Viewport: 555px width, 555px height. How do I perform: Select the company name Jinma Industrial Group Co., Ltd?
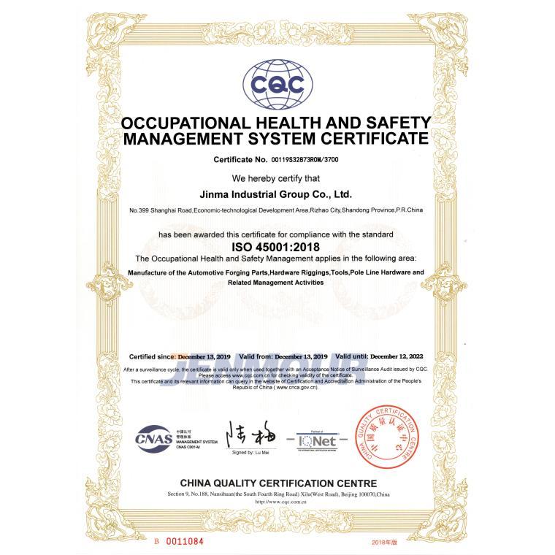tap(276, 195)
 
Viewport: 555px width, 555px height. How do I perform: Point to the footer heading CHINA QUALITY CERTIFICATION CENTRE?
tap(278, 483)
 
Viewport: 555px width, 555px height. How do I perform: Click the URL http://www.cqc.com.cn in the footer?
tap(278, 502)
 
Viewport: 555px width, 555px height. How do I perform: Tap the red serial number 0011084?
tap(183, 541)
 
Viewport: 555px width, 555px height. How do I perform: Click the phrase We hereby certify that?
tap(276, 178)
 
